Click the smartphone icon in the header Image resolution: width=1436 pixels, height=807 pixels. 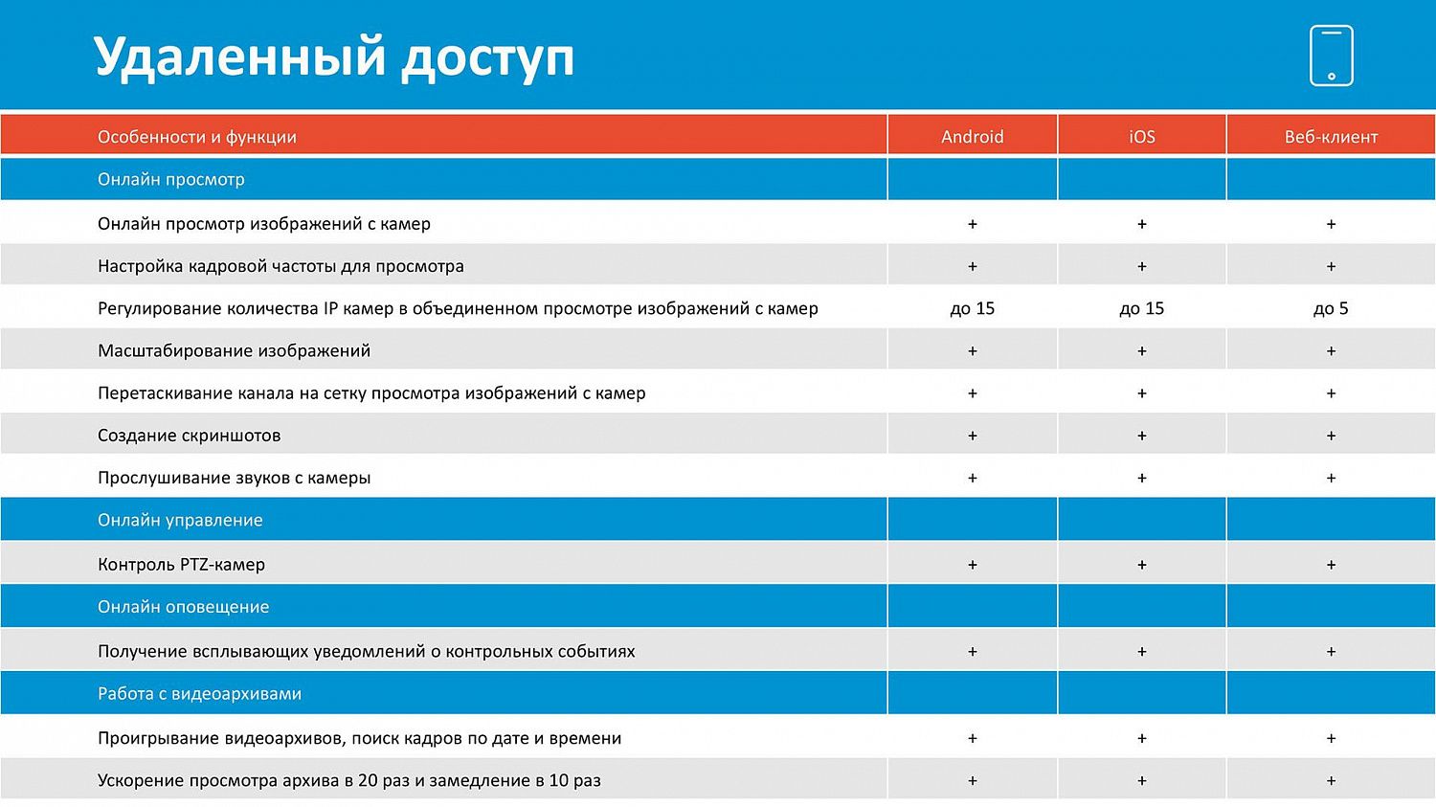tap(1331, 56)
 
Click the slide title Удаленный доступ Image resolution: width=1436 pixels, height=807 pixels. tap(334, 57)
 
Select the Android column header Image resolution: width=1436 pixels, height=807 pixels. tap(972, 137)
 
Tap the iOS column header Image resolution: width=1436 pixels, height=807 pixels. tap(1141, 137)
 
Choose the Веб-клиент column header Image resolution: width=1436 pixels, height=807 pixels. tap(1331, 137)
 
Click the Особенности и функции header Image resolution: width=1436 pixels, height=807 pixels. tap(197, 137)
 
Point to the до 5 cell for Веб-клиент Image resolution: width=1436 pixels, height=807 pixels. tap(1331, 308)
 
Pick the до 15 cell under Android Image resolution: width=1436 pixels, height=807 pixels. tap(972, 308)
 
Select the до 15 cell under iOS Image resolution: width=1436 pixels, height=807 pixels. tap(1141, 308)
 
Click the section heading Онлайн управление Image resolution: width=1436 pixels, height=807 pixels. tap(180, 520)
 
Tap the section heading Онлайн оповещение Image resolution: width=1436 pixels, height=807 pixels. tap(183, 607)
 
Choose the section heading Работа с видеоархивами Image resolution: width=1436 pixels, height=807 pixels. tap(199, 694)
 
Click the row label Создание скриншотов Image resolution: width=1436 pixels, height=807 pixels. tap(189, 436)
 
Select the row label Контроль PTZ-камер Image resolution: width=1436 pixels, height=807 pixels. tap(181, 565)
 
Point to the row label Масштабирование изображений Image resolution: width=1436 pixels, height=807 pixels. tap(234, 351)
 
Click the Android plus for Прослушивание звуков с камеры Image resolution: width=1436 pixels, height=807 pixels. tap(972, 478)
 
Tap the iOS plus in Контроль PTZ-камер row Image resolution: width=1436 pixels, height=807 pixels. tap(1141, 565)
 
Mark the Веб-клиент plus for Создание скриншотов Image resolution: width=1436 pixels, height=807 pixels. tap(1331, 436)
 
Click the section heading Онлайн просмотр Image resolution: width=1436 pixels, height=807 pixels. tap(170, 179)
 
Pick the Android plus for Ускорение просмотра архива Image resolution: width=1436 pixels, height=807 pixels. tap(972, 780)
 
